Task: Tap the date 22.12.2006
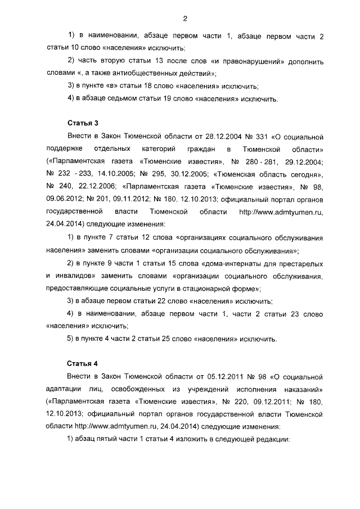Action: pos(96,186)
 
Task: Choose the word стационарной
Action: pos(208,289)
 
